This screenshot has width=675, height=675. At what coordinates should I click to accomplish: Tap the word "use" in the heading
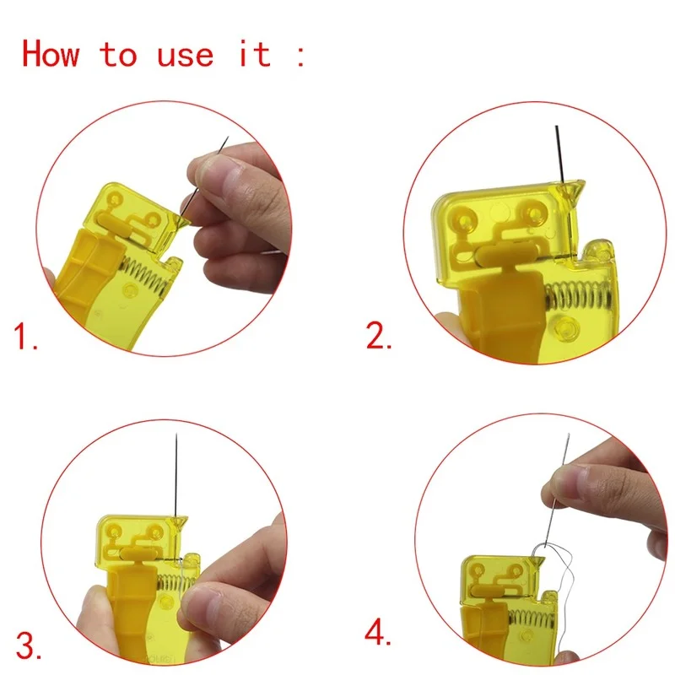(186, 54)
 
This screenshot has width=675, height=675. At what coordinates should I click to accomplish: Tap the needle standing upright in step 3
(175, 472)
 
